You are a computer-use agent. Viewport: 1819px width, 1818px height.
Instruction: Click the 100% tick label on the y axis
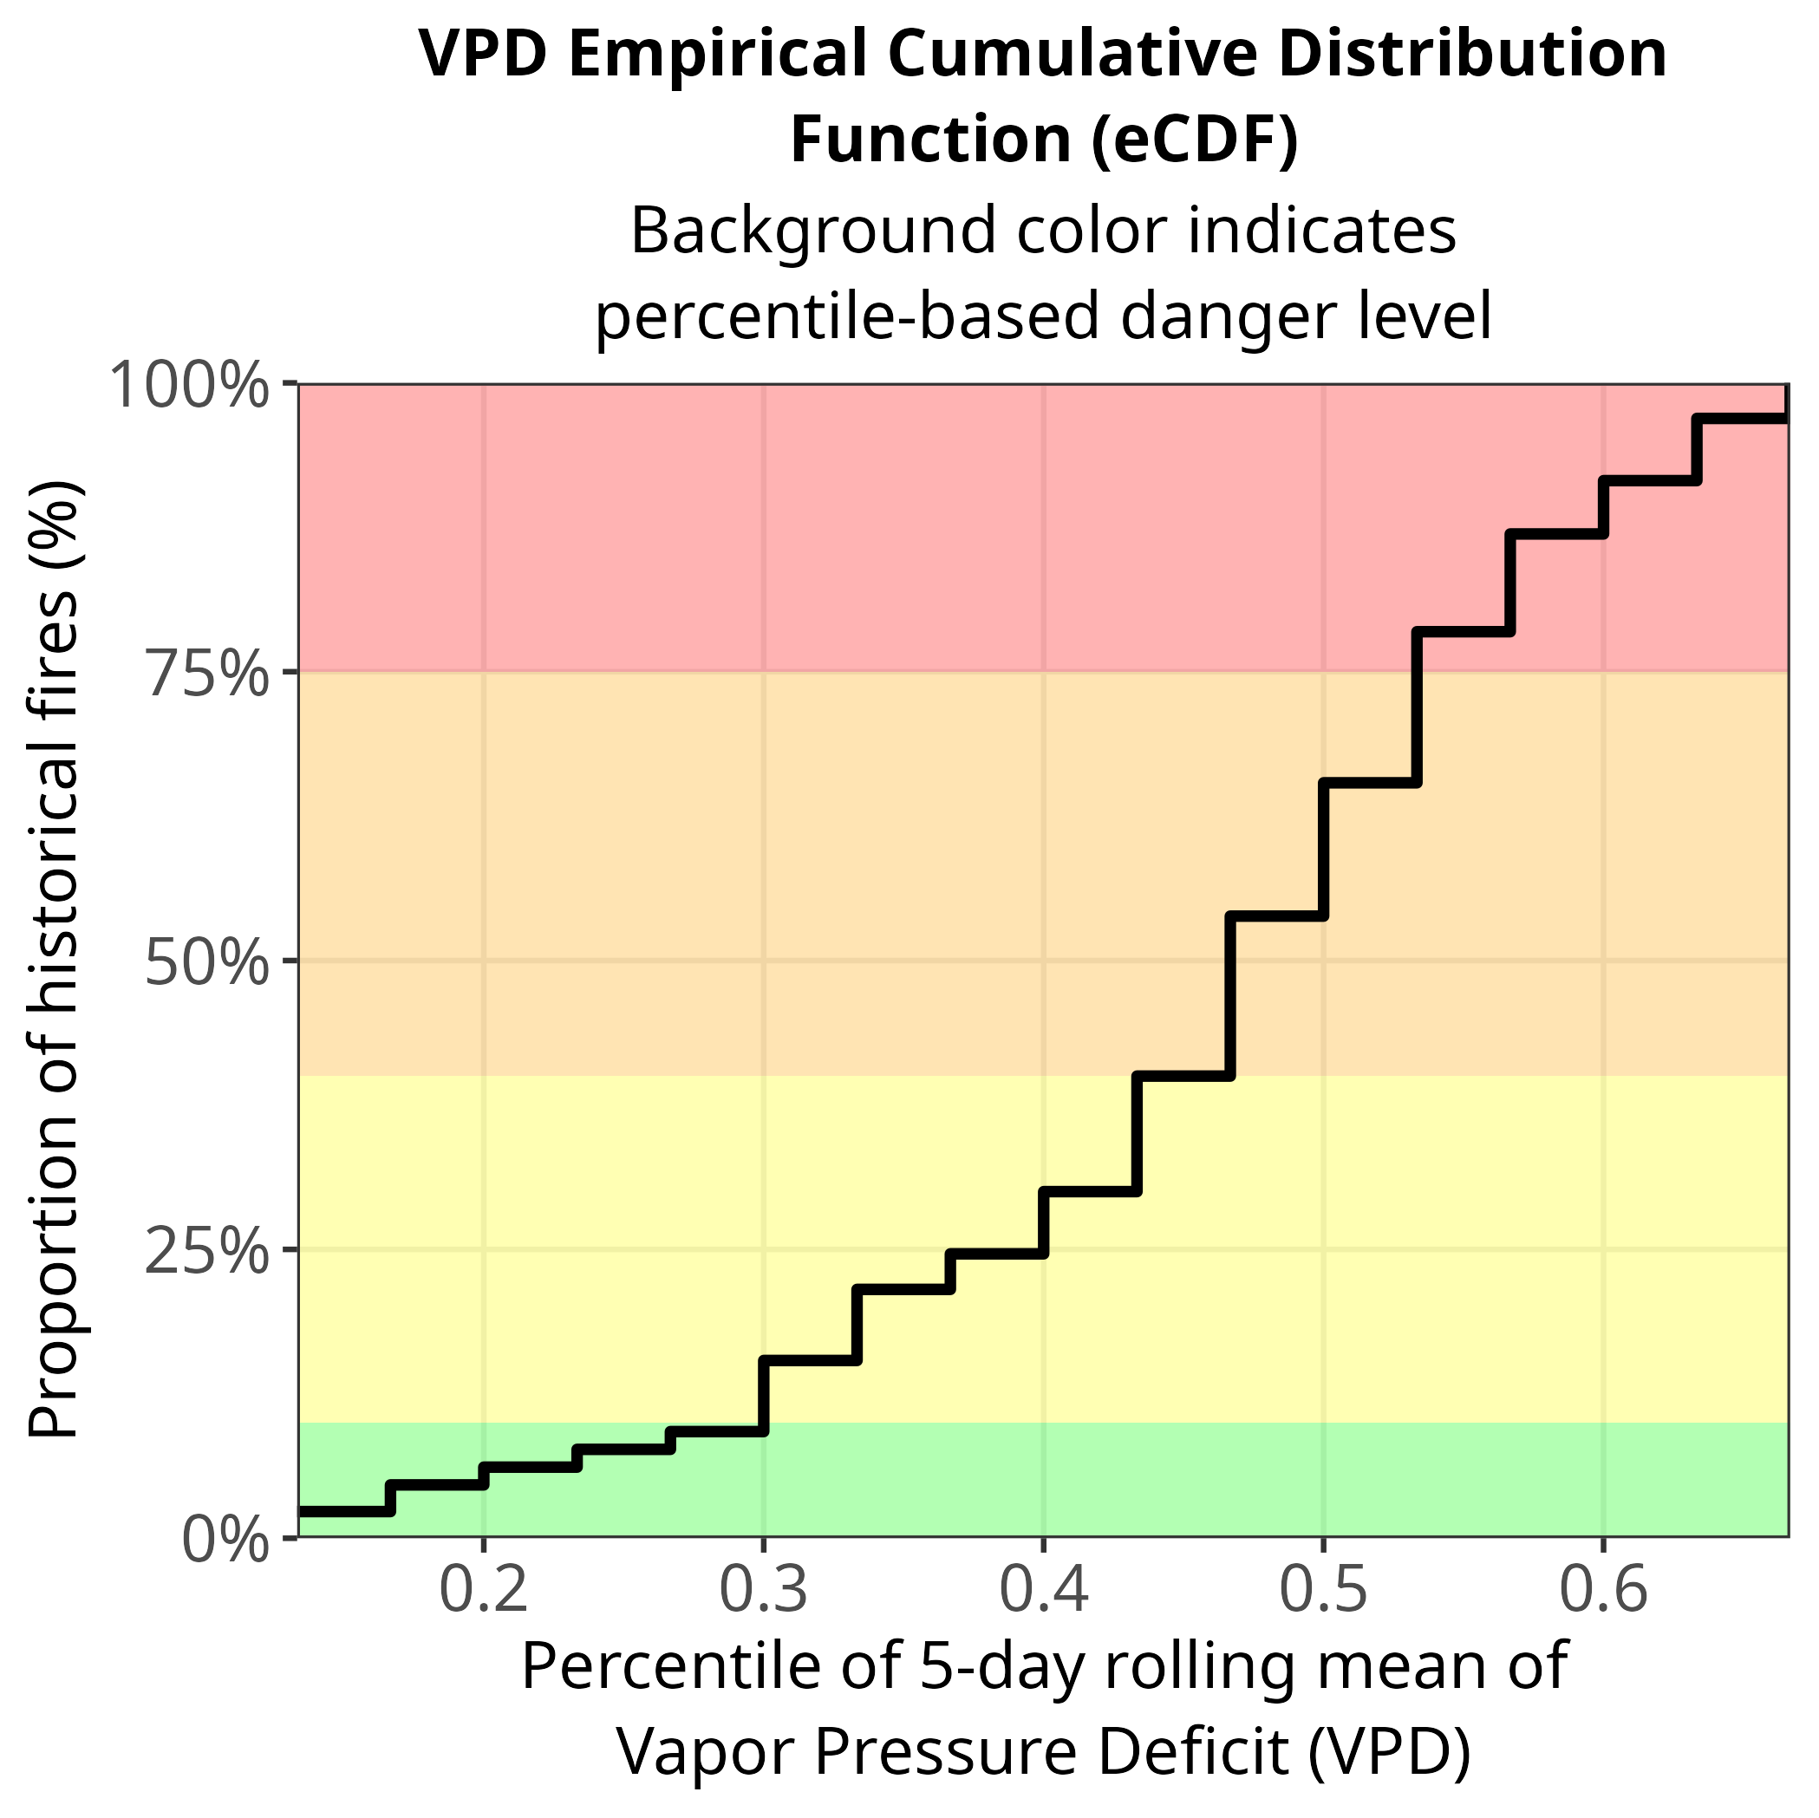[190, 386]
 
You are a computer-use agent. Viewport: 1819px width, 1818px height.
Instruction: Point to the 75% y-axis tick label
[205, 674]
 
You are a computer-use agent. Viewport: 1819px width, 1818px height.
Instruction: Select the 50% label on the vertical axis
[205, 963]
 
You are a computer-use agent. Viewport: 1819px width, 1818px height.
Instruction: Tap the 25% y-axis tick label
[205, 1252]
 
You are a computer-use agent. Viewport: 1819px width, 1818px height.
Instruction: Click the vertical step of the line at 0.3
[764, 1396]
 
